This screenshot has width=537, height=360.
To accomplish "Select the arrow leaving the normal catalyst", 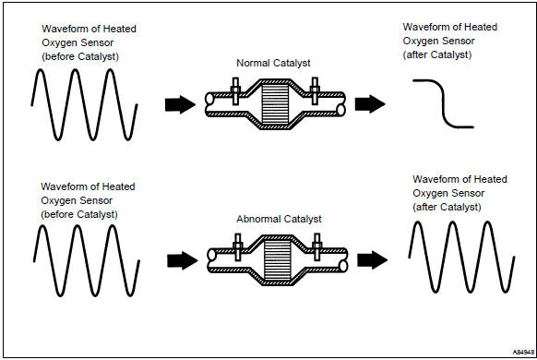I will (x=370, y=103).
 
